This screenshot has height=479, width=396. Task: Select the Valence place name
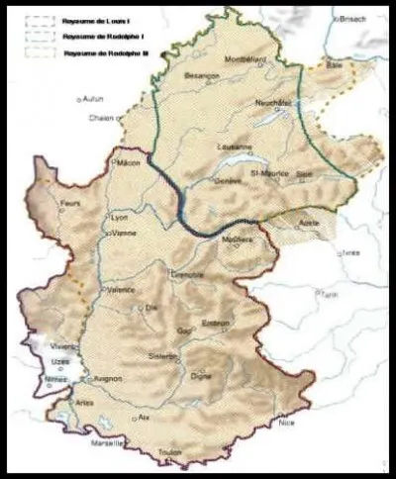click(121, 290)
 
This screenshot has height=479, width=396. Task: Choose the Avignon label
click(106, 378)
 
